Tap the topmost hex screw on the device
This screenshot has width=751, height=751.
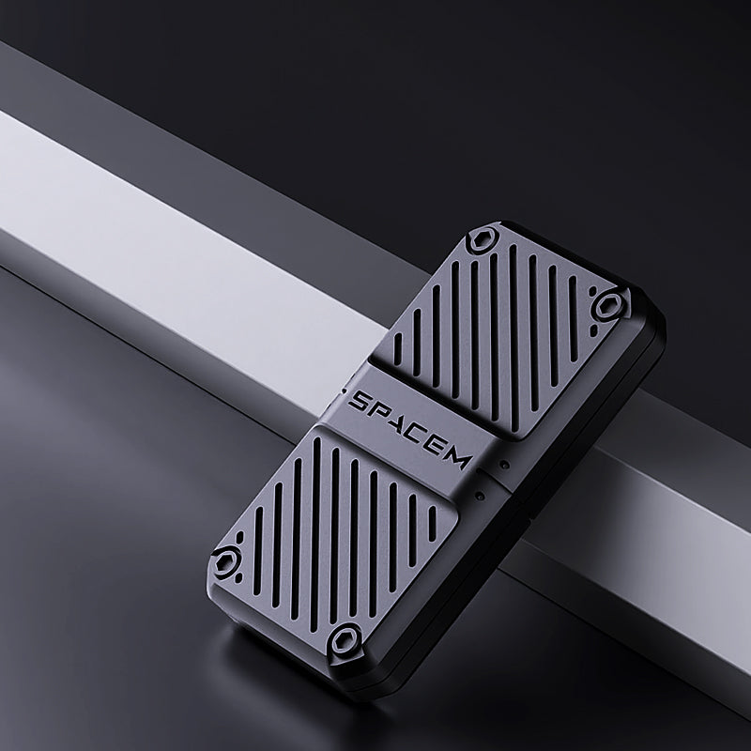tap(483, 239)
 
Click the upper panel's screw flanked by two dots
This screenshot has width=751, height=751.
tap(608, 305)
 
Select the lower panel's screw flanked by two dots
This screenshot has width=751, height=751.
tap(225, 560)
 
